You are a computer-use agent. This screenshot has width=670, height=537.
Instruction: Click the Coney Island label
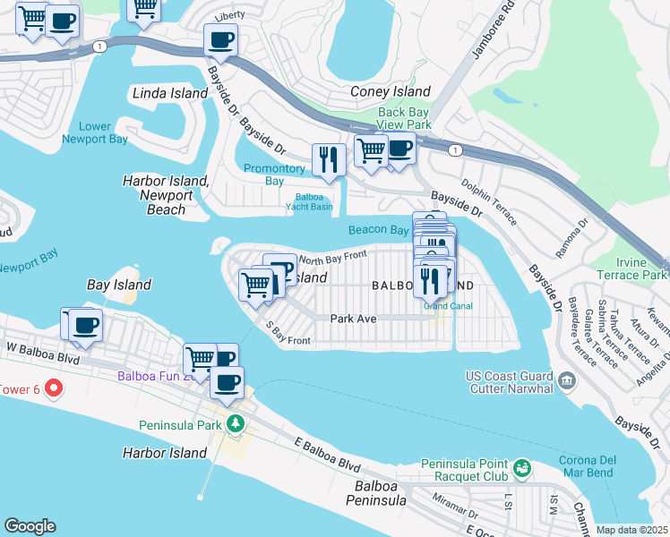pos(391,91)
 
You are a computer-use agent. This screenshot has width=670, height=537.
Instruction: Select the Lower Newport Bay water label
pos(94,132)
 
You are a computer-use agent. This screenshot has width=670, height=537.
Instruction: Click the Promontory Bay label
pos(275,175)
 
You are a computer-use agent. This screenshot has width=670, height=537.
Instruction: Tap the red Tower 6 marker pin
pos(53,388)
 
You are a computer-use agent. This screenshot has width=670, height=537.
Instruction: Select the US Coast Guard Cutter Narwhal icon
pos(566,382)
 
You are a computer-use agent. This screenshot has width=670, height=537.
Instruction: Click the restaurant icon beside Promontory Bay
pos(329,159)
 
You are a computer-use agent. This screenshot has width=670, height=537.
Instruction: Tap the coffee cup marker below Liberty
pos(220,39)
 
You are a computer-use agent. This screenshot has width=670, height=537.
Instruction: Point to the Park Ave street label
pos(352,318)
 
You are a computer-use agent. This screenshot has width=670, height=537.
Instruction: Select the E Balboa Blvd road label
pos(328,456)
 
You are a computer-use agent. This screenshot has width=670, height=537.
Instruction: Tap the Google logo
pos(30,526)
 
